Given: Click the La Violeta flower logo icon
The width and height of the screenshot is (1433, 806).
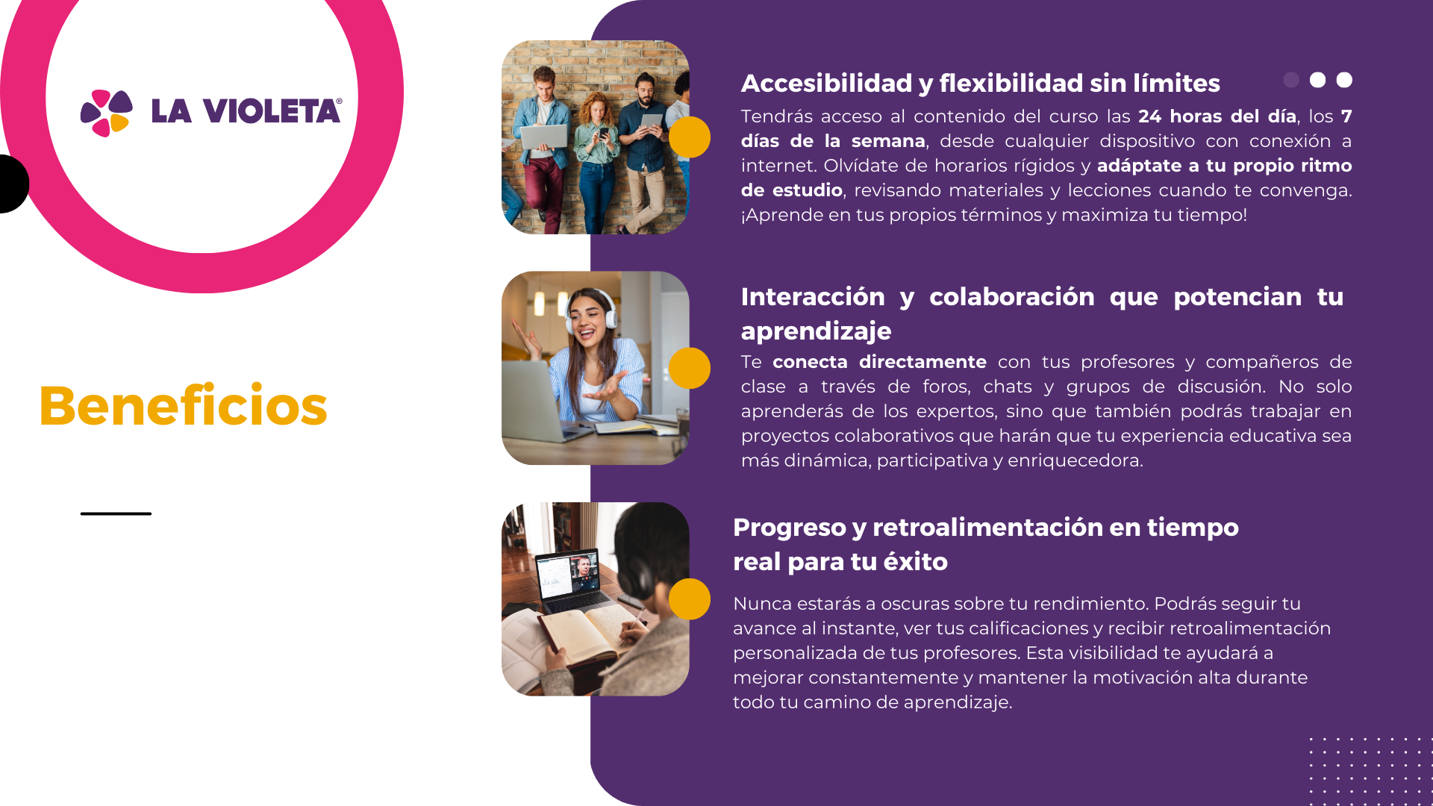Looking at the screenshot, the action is point(107,113).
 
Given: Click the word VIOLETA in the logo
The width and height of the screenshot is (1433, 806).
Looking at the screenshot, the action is point(272,111).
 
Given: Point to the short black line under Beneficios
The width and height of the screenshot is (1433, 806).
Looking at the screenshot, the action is point(116,513).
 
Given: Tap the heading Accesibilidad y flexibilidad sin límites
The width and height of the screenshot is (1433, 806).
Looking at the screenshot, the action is point(981,83).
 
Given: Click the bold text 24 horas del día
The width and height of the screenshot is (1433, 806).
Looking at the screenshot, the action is point(1217,116).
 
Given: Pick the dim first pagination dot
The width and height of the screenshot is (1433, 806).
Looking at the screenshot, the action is point(1291,80).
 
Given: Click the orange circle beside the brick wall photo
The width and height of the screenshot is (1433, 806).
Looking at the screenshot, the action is point(690,137).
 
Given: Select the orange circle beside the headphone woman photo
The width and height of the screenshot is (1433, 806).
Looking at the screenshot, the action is point(690,368).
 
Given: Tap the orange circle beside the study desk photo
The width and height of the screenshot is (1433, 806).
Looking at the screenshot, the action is point(690,599).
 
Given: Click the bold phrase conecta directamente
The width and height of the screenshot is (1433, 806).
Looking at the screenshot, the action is point(879,362).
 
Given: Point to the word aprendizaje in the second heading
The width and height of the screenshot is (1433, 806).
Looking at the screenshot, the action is point(816,331).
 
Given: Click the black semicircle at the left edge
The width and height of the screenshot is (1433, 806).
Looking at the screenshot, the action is point(14,184).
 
